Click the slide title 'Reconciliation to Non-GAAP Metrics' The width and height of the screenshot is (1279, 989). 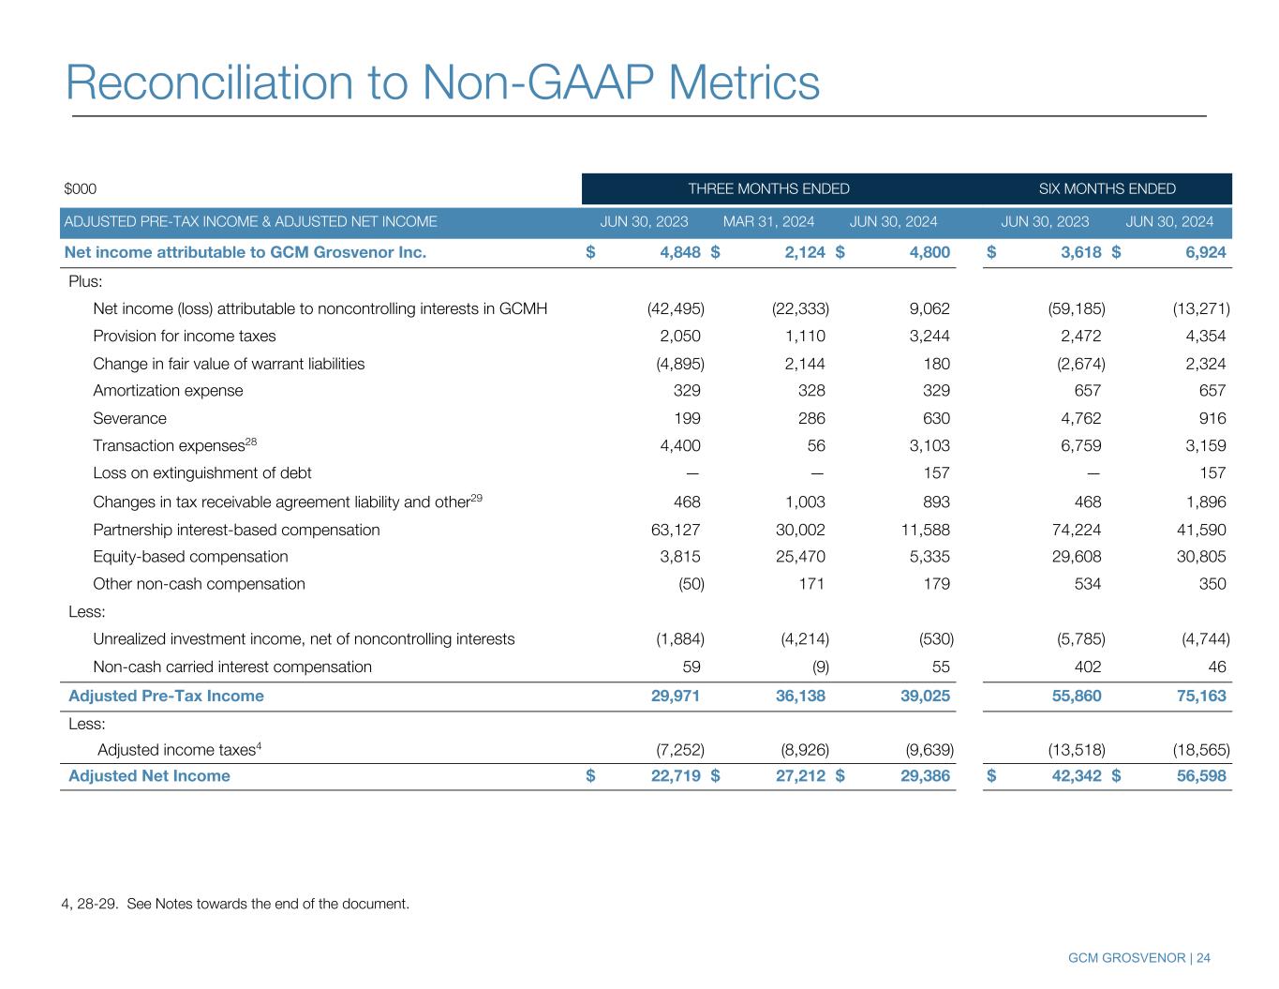[442, 82]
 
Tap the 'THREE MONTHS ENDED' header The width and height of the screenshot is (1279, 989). [768, 189]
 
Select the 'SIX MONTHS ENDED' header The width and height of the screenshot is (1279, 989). [1107, 189]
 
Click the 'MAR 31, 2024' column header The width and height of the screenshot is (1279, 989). [768, 222]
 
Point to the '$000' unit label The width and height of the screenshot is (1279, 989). [81, 189]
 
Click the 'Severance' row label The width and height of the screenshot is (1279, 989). [129, 418]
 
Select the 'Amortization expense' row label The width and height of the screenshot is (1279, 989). [168, 391]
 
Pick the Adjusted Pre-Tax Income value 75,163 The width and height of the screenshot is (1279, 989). [1199, 696]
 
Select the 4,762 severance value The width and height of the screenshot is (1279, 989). [1078, 418]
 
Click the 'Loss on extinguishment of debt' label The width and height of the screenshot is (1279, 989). [202, 473]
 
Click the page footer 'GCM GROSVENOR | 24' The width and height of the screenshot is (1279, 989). [1138, 958]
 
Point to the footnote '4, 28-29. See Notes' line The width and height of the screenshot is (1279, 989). [235, 905]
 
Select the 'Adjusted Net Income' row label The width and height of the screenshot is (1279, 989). [149, 776]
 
